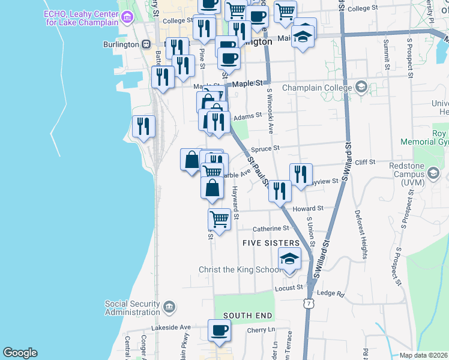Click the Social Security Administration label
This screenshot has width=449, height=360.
(x=132, y=308)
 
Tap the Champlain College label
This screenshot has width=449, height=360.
(x=317, y=88)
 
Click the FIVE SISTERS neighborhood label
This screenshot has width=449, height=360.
(x=271, y=243)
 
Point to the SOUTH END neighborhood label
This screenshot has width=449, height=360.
(x=248, y=316)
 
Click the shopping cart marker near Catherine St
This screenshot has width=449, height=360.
(x=220, y=220)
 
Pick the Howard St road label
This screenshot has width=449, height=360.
(x=308, y=208)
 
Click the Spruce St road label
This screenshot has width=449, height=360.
(x=265, y=148)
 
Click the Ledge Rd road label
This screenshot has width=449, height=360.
(x=331, y=293)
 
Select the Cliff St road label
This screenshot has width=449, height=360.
(x=365, y=162)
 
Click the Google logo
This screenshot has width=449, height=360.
(x=20, y=353)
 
